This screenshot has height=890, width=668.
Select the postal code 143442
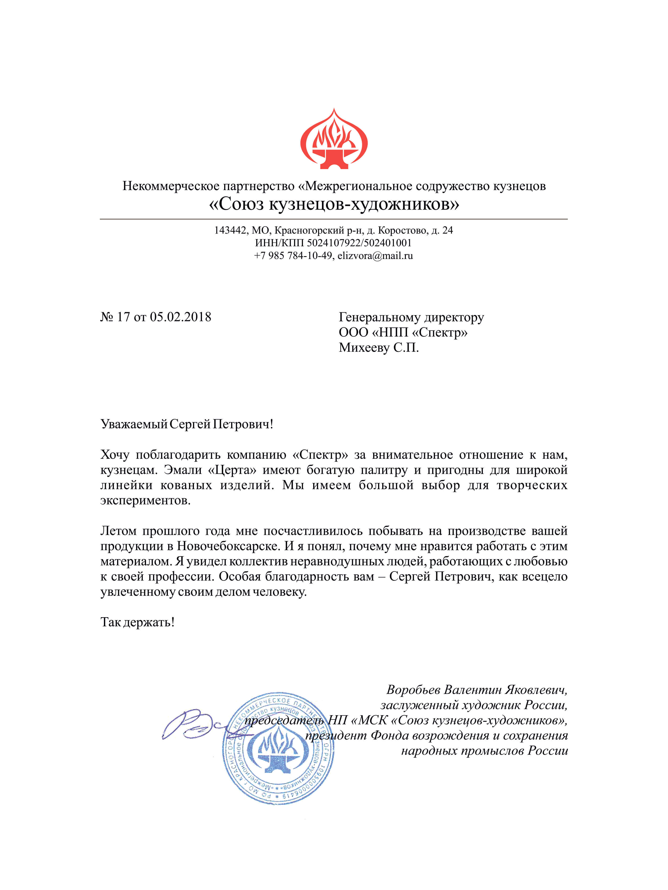coord(230,230)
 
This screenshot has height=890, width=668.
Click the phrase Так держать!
coord(137,622)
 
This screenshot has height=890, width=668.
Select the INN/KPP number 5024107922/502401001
coord(359,243)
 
